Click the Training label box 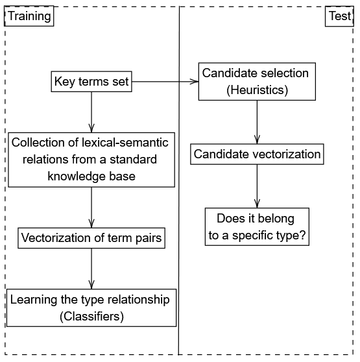coord(29,16)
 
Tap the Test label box coord(339,16)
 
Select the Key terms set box coord(91,82)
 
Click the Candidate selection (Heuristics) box coord(257,82)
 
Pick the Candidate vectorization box coord(257,154)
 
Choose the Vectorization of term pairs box coord(91,238)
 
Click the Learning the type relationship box coord(91,308)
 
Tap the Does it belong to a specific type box coord(257,226)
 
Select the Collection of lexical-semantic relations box coord(91,160)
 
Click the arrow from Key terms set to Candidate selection coord(165,82)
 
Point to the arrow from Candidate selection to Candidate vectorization coord(257,122)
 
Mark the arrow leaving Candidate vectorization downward coord(257,186)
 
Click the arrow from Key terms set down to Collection coord(91,112)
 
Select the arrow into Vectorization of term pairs coord(91,208)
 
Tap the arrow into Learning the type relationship coord(91,269)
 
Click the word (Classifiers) coord(91,317)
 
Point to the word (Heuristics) coord(257,90)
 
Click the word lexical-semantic coord(125,143)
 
